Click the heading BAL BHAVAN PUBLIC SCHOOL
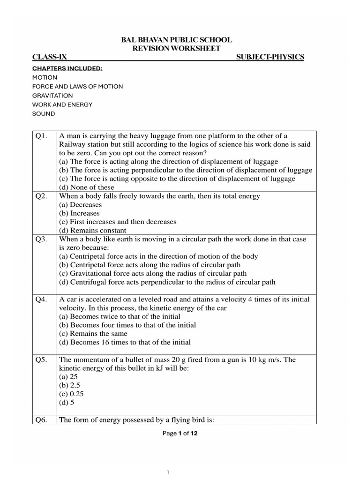pos(176,40)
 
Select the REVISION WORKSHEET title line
pos(176,49)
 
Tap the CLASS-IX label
pos(50,57)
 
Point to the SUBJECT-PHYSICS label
pos(270,57)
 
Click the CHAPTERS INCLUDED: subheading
pos(67,68)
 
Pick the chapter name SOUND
pos(44,114)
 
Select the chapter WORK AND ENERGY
pos(62,105)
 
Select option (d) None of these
pos(87,187)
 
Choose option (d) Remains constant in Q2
pos(92,231)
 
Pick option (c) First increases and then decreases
pos(118,222)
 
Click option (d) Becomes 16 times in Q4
pos(125,343)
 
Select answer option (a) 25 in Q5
pos(69,377)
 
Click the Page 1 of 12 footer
pos(180,434)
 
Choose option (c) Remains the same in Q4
pos(93,334)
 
